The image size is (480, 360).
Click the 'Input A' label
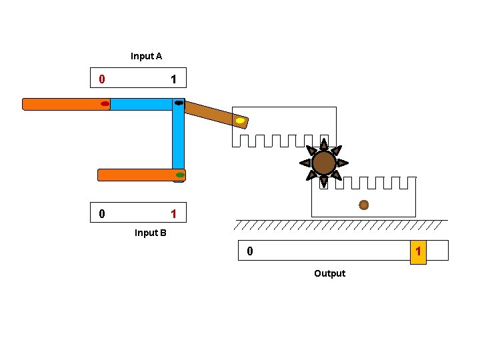(x=146, y=57)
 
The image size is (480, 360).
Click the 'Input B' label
(x=150, y=233)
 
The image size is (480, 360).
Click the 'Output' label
(x=329, y=273)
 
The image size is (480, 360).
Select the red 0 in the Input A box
(x=101, y=79)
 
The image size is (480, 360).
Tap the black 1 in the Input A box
(x=173, y=79)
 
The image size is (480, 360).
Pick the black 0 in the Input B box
(x=101, y=214)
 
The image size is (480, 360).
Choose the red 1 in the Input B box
(x=173, y=214)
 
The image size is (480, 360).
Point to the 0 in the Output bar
(x=250, y=251)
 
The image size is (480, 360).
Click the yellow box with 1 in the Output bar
(x=418, y=251)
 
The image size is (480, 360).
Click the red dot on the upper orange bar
(x=105, y=104)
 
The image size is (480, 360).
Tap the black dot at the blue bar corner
(x=179, y=103)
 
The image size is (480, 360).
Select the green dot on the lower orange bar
(x=180, y=175)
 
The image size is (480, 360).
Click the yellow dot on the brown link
(x=240, y=121)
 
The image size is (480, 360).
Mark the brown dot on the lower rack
(x=363, y=205)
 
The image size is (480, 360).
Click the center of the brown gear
(x=324, y=163)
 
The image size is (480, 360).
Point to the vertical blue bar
(x=178, y=140)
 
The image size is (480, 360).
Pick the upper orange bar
(x=63, y=104)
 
